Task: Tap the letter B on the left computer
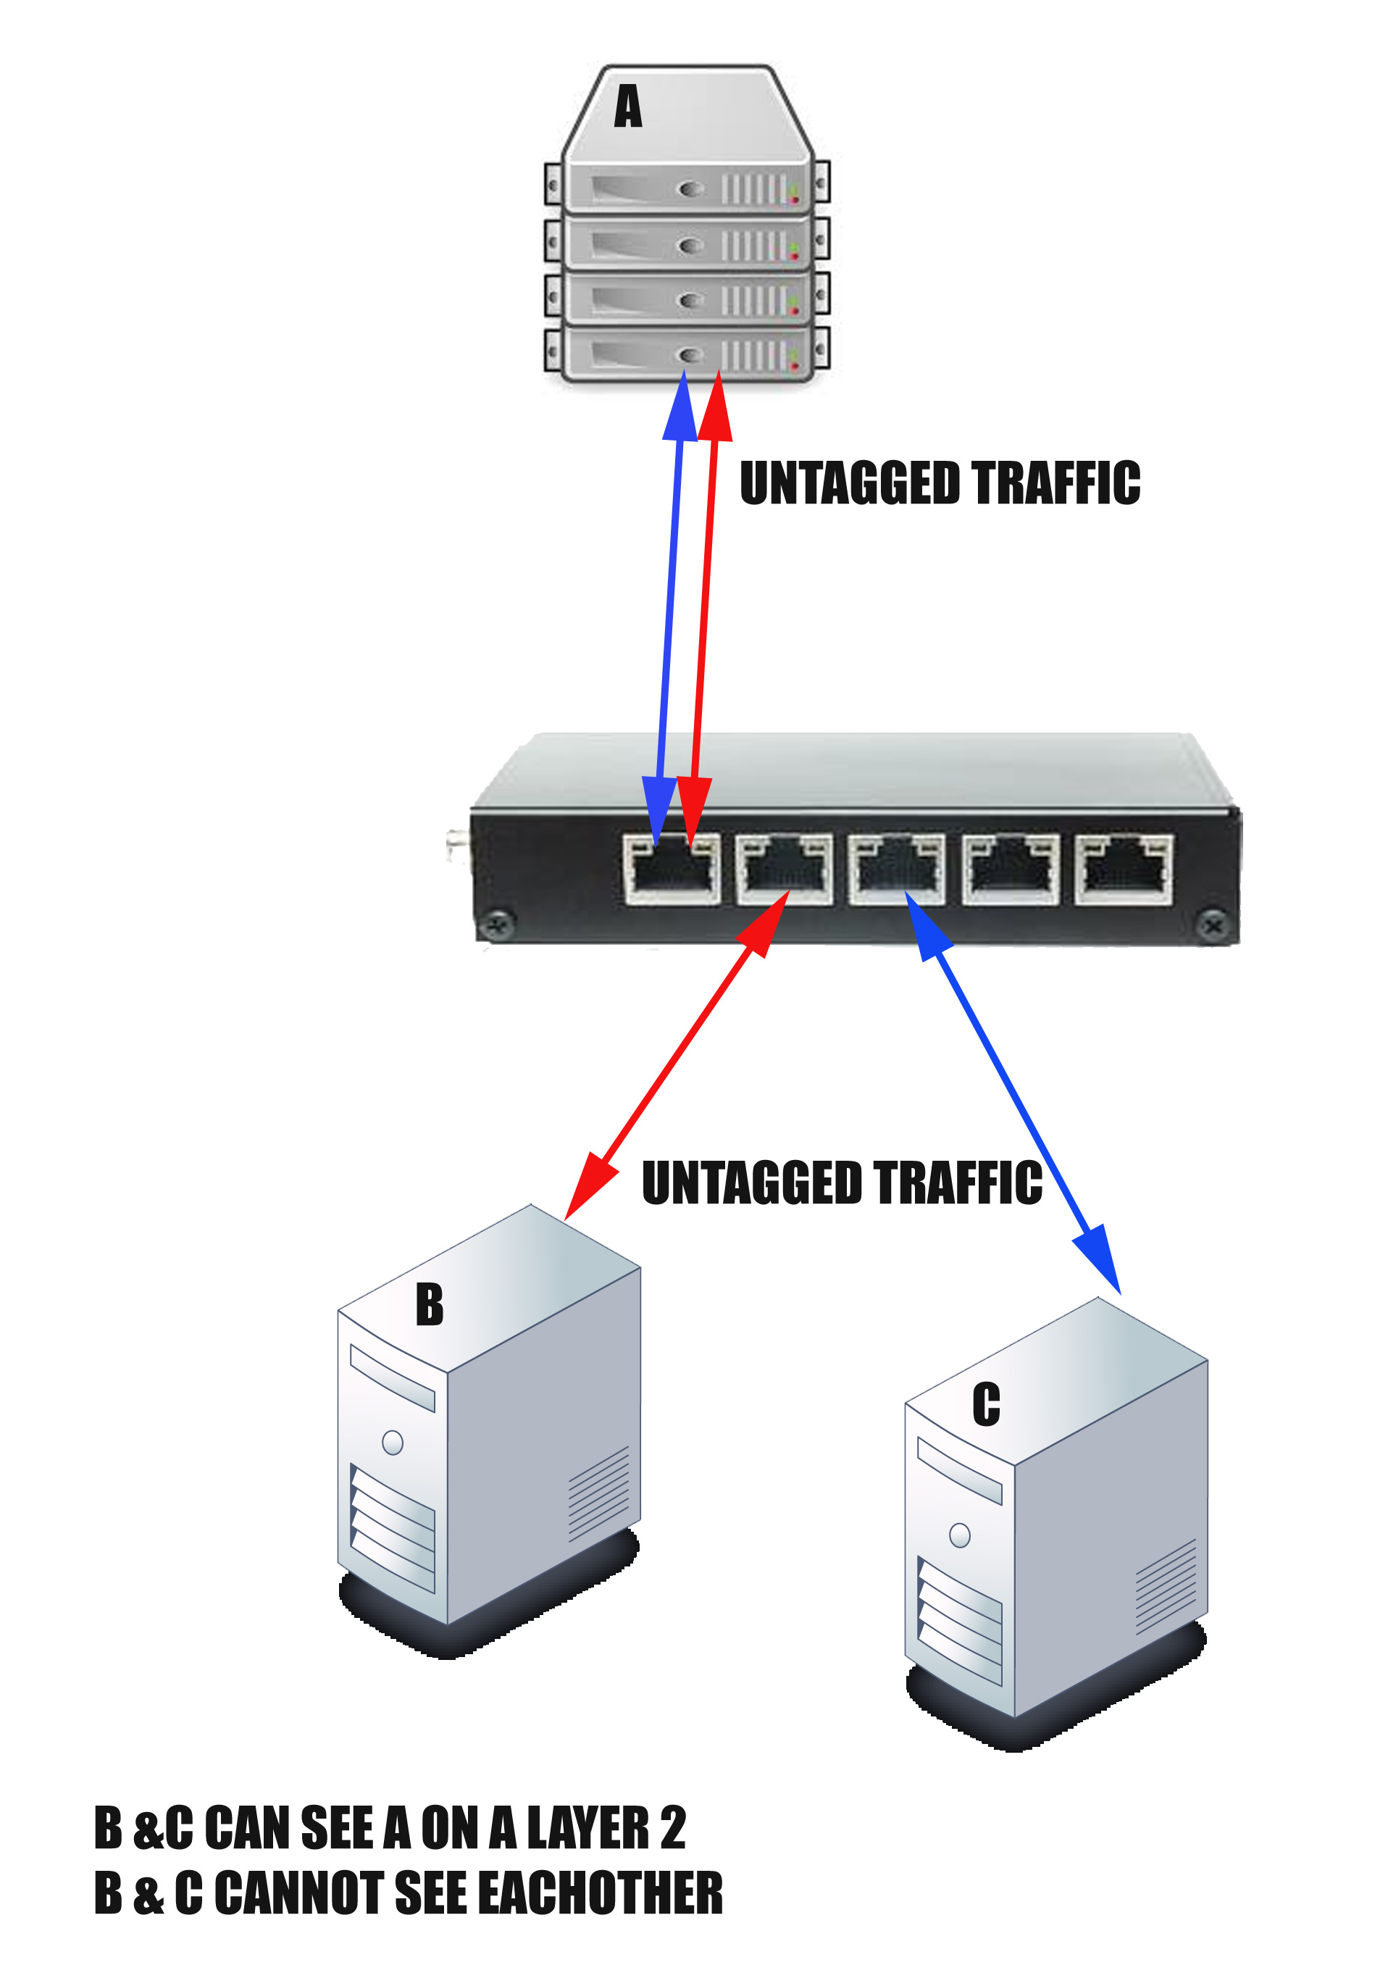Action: click(429, 1304)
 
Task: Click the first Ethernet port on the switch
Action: click(672, 869)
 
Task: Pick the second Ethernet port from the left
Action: click(784, 869)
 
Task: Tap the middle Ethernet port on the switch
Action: click(897, 869)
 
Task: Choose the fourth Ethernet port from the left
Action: click(1011, 869)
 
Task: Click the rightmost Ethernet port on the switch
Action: click(1124, 869)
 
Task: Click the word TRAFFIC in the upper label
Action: click(1055, 483)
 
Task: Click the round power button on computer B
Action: click(393, 1443)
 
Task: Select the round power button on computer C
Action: click(960, 1535)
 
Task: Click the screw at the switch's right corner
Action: click(1212, 925)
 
